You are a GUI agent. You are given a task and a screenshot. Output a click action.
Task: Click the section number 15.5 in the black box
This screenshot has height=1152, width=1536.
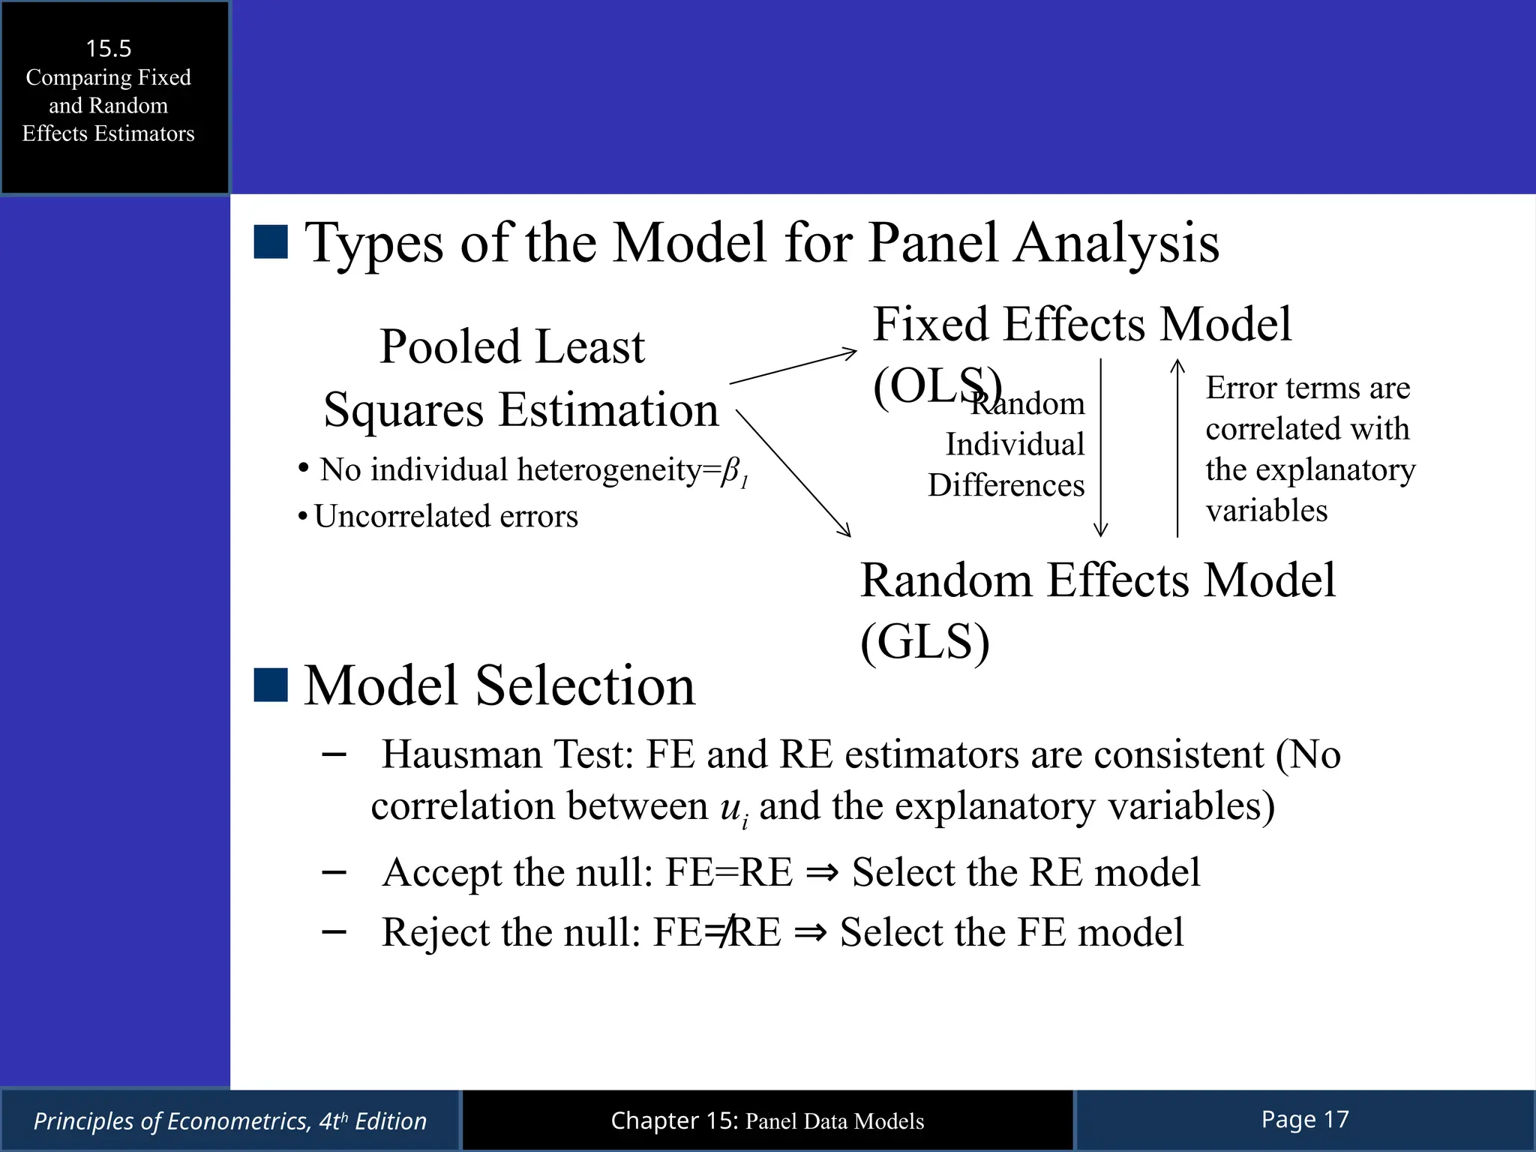pos(109,49)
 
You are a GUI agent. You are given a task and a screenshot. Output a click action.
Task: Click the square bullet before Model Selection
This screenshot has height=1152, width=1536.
pos(271,685)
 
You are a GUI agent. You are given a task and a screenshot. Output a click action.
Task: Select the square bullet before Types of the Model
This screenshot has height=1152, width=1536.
pos(271,242)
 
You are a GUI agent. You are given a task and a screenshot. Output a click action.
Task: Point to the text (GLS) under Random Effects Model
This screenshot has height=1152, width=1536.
pos(925,642)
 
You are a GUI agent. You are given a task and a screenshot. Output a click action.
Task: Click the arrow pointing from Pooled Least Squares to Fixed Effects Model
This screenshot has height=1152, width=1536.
pos(793,367)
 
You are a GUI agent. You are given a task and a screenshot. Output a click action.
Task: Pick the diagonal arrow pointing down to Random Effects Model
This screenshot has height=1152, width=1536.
pos(793,472)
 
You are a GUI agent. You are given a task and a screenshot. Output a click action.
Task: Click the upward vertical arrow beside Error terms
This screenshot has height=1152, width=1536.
pos(1177,448)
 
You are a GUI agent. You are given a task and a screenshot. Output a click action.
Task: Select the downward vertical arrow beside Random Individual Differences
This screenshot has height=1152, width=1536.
pos(1100,448)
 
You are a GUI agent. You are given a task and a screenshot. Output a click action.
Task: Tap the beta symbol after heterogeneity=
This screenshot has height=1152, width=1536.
pos(730,471)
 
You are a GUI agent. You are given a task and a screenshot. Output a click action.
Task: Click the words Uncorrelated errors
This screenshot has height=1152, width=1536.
pos(445,517)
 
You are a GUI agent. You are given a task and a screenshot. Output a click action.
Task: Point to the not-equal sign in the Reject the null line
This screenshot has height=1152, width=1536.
pos(721,932)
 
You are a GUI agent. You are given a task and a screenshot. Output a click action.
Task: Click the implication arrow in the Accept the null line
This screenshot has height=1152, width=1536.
pos(822,872)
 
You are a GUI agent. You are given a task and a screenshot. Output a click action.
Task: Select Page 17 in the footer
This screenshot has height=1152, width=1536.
pos(1305,1120)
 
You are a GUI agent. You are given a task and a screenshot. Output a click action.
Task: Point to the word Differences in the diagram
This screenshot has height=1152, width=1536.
pos(1006,485)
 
